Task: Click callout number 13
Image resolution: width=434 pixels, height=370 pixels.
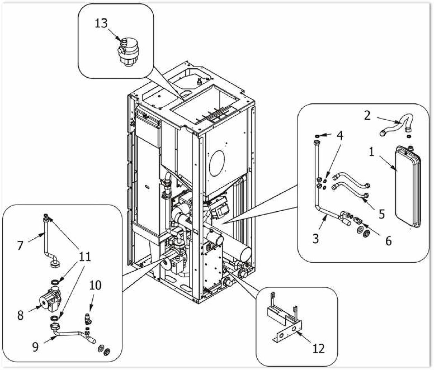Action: click(101, 23)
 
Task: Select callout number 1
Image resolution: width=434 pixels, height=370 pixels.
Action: click(372, 151)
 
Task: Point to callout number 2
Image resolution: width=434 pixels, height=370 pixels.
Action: click(367, 115)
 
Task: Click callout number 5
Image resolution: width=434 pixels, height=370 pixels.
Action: click(382, 214)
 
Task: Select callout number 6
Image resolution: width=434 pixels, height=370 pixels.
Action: click(388, 241)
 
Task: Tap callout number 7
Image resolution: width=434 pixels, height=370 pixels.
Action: click(20, 245)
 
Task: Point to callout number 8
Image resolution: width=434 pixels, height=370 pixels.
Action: click(20, 315)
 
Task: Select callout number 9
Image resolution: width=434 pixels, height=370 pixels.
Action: click(35, 347)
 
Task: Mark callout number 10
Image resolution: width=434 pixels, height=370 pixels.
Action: click(95, 285)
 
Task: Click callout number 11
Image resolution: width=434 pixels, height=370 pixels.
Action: click(85, 256)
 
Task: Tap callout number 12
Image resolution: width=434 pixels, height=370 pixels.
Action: click(319, 348)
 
